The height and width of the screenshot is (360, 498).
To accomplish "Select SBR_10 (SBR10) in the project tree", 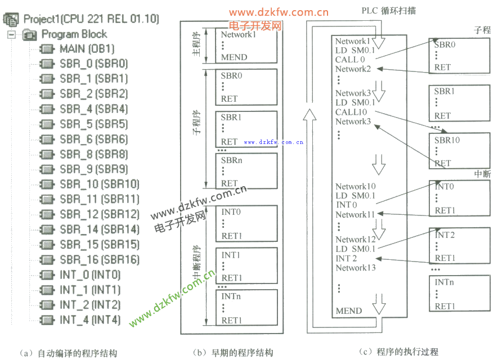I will click(x=99, y=184).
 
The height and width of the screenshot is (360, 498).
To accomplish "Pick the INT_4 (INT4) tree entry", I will click(x=90, y=319).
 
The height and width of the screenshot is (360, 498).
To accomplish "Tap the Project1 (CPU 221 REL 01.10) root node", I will click(x=90, y=19).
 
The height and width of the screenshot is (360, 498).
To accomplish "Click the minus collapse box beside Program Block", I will click(x=11, y=34).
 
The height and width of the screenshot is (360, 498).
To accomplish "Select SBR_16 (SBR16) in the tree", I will click(x=99, y=259).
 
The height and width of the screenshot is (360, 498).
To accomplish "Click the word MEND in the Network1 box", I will click(x=234, y=57).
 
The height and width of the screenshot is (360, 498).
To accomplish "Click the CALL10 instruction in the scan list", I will click(x=351, y=112).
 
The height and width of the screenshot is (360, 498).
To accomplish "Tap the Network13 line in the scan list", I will click(x=356, y=268).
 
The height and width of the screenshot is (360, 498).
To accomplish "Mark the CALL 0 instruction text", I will click(x=350, y=60).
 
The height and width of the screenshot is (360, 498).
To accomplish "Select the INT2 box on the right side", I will click(x=455, y=246).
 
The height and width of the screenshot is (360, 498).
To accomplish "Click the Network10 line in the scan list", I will click(x=356, y=186).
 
